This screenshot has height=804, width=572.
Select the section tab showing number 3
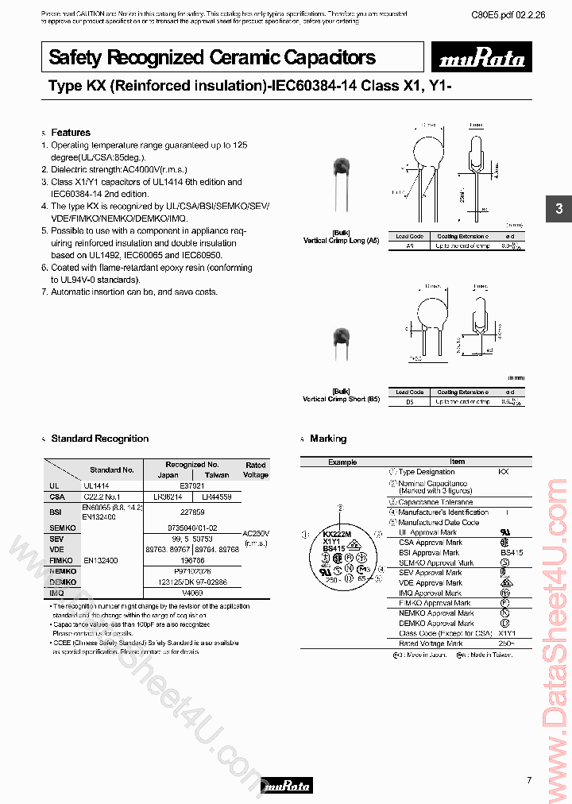pyautogui.click(x=558, y=209)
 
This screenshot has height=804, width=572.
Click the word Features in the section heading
pyautogui.click(x=71, y=133)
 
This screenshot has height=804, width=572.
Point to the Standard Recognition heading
pyautogui.click(x=99, y=439)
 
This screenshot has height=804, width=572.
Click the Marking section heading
pyautogui.click(x=328, y=439)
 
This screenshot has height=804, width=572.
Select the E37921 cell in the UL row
pyautogui.click(x=191, y=485)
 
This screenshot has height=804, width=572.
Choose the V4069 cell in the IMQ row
pyautogui.click(x=192, y=593)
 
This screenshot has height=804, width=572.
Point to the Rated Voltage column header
pyautogui.click(x=256, y=470)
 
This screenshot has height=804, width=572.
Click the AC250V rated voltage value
pyautogui.click(x=256, y=533)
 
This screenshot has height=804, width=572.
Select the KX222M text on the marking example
pyautogui.click(x=337, y=535)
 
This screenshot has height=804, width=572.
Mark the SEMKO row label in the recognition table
pyautogui.click(x=62, y=528)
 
